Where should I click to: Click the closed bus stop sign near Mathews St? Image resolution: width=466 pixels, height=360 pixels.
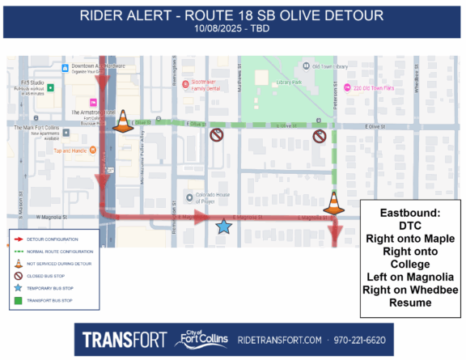[216, 136]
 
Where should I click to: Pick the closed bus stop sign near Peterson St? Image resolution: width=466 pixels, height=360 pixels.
[320, 136]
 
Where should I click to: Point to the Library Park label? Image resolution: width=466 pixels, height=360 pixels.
[290, 83]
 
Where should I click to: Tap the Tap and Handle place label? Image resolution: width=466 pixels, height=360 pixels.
[70, 150]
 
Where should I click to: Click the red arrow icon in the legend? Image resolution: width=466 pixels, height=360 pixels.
[17, 239]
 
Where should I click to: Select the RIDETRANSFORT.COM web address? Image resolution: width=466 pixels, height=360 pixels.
[280, 339]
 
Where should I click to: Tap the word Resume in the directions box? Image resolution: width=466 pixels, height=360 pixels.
[409, 303]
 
